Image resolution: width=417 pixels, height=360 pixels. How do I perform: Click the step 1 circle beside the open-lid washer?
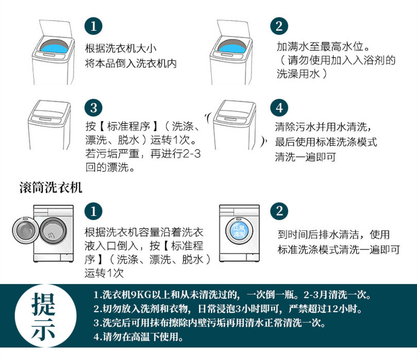(x=93, y=26)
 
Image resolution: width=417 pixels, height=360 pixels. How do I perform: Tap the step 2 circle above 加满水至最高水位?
(x=279, y=26)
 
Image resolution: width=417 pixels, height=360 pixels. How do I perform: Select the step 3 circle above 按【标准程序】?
(x=93, y=107)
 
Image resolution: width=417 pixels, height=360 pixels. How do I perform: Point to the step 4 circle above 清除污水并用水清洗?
(x=279, y=107)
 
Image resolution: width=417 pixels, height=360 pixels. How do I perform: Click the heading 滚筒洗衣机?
(x=50, y=188)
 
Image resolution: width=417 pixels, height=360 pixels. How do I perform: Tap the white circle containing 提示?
(x=45, y=316)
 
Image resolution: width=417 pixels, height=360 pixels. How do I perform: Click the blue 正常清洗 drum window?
(x=238, y=231)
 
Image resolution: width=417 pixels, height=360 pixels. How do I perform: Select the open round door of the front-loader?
(x=25, y=230)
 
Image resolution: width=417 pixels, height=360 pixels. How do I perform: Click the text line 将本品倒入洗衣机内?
(x=131, y=63)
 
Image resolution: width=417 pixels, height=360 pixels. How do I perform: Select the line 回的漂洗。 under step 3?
(x=110, y=167)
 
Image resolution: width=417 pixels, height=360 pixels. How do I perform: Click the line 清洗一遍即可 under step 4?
(x=305, y=157)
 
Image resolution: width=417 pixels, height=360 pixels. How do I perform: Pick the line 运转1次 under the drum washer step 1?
(x=104, y=273)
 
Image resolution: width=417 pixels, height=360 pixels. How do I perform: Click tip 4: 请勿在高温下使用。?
(x=138, y=337)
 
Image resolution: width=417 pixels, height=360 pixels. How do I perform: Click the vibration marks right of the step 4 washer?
(x=263, y=141)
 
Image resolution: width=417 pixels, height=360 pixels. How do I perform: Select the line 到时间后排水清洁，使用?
(x=334, y=235)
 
